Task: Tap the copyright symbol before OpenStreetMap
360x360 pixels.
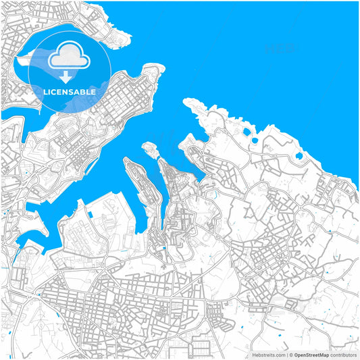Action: (x=290, y=355)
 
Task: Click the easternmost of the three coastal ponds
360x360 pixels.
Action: (x=299, y=157)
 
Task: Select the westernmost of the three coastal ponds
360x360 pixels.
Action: (x=246, y=132)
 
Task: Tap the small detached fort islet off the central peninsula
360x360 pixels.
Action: (x=146, y=147)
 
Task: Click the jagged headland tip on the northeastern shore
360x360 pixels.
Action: (x=187, y=102)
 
